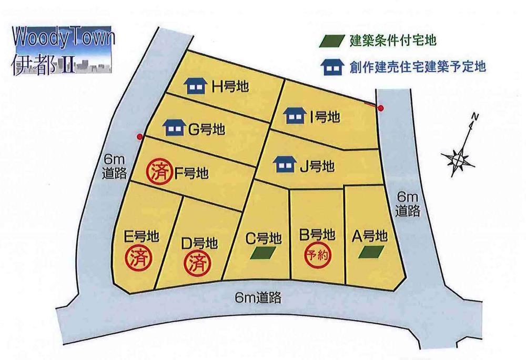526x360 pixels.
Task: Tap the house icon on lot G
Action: coord(174,127)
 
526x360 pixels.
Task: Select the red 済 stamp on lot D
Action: coord(196,261)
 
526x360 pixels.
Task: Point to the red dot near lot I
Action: coord(381,109)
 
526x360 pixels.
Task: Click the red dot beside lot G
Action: coord(139,137)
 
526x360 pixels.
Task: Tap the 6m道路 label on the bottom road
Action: coord(258,298)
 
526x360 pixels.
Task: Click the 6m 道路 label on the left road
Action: coord(112,166)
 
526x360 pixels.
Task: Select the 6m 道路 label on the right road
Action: coord(409,204)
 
